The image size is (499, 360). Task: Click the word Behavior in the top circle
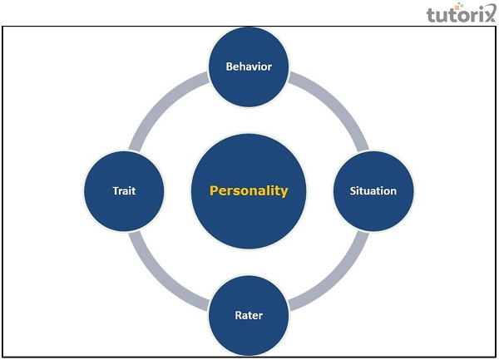tap(249, 66)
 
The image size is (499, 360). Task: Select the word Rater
tap(249, 315)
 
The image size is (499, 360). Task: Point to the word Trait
tap(124, 190)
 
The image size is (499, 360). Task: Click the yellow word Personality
tap(249, 190)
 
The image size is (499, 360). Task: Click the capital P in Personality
tap(213, 190)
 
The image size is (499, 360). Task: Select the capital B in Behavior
tap(230, 66)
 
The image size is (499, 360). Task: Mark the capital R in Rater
tap(236, 315)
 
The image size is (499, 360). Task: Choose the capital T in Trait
tap(115, 190)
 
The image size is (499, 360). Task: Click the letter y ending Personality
tap(284, 192)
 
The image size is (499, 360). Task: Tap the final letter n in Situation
tap(393, 191)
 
